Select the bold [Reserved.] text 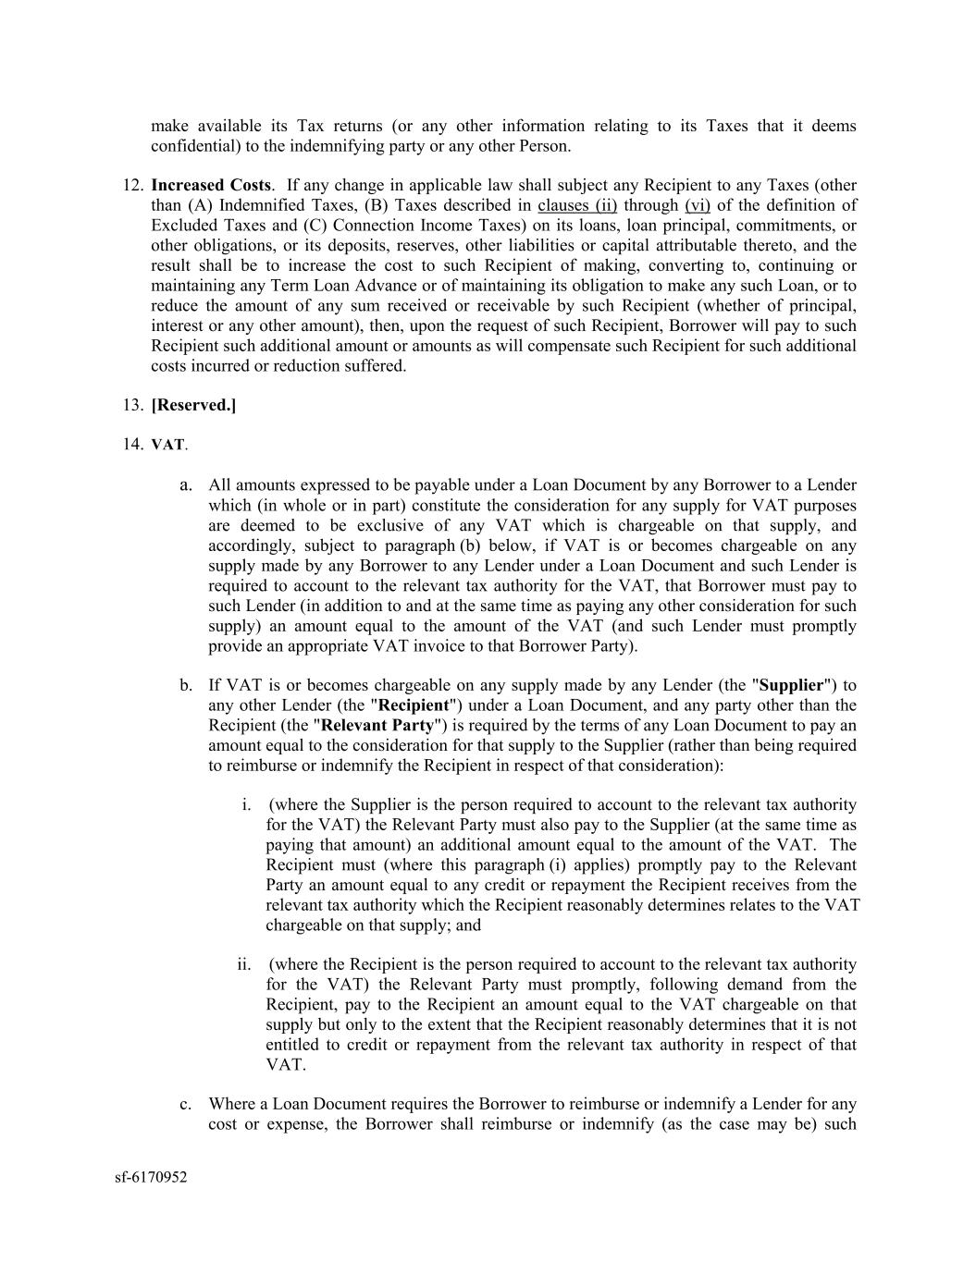(x=193, y=405)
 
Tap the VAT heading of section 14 (x=167, y=446)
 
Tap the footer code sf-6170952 (x=151, y=1177)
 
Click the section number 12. (x=133, y=185)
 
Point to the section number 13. (x=133, y=405)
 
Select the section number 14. (x=133, y=445)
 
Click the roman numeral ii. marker (x=244, y=964)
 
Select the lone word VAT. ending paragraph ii (x=286, y=1064)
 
